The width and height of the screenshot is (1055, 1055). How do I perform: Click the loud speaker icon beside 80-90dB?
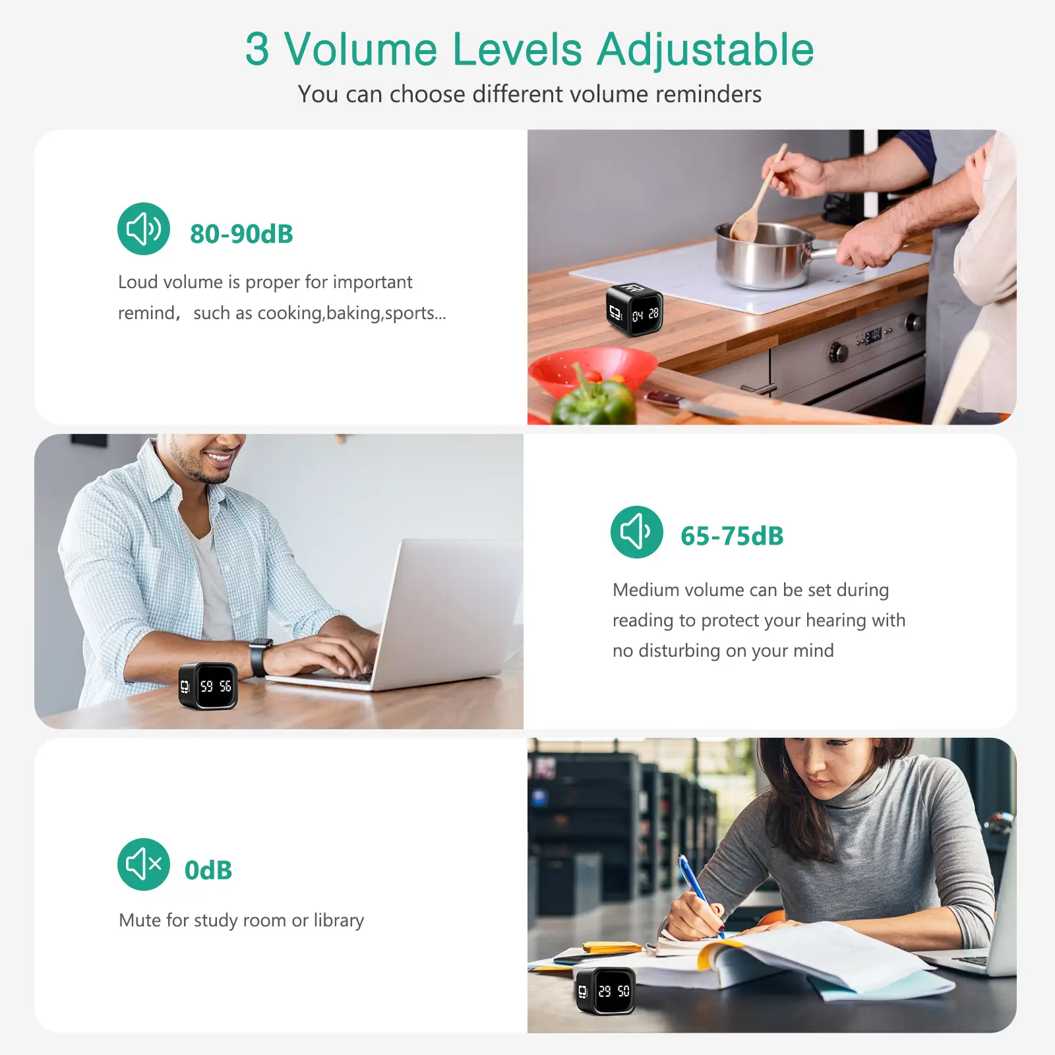[144, 229]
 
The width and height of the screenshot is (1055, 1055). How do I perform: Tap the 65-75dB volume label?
[732, 536]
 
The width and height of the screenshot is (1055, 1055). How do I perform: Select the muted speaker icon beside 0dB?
[144, 864]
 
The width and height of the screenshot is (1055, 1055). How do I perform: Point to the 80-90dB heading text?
[241, 234]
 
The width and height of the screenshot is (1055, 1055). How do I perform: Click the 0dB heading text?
[208, 870]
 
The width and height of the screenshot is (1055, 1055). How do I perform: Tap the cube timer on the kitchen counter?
[634, 309]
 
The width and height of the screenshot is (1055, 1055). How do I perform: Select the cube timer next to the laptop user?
[208, 686]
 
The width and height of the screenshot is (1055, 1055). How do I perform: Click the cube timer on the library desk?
[605, 990]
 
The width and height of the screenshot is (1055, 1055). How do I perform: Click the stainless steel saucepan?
[771, 255]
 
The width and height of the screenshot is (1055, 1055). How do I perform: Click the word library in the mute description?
[339, 920]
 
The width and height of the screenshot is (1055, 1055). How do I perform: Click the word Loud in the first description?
[138, 282]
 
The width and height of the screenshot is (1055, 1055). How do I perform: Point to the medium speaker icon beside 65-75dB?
[637, 532]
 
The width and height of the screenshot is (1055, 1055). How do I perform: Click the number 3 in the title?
[257, 50]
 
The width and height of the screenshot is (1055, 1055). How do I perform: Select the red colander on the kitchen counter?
[590, 373]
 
